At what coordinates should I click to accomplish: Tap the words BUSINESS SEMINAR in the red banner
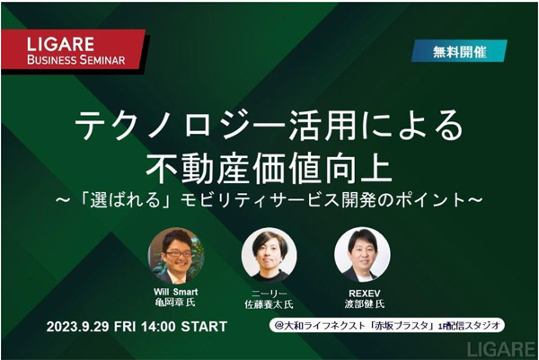pos(76,60)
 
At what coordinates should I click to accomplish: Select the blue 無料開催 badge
pos(459,51)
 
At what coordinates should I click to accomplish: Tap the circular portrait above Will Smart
pos(176,256)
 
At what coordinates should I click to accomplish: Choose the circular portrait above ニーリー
pos(269,256)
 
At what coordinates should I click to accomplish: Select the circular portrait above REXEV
pos(362,255)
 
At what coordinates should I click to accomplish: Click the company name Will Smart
pos(176,292)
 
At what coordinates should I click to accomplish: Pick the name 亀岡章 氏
pos(175,303)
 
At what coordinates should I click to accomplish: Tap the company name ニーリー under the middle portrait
pos(269,294)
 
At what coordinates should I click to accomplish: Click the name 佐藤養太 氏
pos(269,304)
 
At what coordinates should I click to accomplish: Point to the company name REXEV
pos(365,294)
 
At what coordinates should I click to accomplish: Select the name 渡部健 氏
pos(365,304)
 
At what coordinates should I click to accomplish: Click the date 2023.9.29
pos(77,327)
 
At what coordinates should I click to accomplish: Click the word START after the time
pos(204,327)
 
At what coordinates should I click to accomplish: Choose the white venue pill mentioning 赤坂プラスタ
pos(387,325)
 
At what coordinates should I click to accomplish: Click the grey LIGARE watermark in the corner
pos(501,348)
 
